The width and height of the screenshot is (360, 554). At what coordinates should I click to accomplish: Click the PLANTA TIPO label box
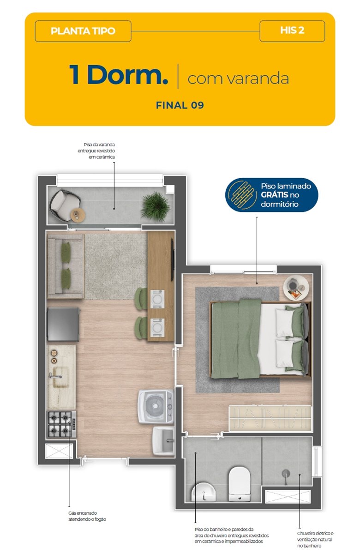coord(83,31)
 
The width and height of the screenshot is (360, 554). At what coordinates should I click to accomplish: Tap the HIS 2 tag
coord(292,31)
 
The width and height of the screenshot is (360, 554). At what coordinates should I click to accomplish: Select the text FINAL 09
coord(180,105)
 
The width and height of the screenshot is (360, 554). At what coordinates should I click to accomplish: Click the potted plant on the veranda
coord(156,206)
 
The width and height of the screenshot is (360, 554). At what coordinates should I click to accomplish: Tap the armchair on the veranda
coord(64,205)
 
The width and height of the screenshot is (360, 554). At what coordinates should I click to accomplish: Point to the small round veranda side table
coord(78,215)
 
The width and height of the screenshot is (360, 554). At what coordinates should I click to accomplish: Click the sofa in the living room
coord(66,266)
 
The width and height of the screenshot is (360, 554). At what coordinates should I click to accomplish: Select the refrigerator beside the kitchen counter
coord(64,324)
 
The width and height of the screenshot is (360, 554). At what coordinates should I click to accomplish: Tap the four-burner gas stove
coord(61,424)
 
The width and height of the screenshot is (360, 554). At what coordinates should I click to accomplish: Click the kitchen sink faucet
coord(55,376)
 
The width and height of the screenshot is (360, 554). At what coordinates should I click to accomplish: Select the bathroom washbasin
coord(204,492)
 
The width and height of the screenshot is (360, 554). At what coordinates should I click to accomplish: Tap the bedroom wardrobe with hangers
coord(270,418)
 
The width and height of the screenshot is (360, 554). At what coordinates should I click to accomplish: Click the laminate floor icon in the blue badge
coord(242,195)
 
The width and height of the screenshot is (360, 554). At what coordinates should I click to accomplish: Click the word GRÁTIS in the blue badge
coord(275,195)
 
